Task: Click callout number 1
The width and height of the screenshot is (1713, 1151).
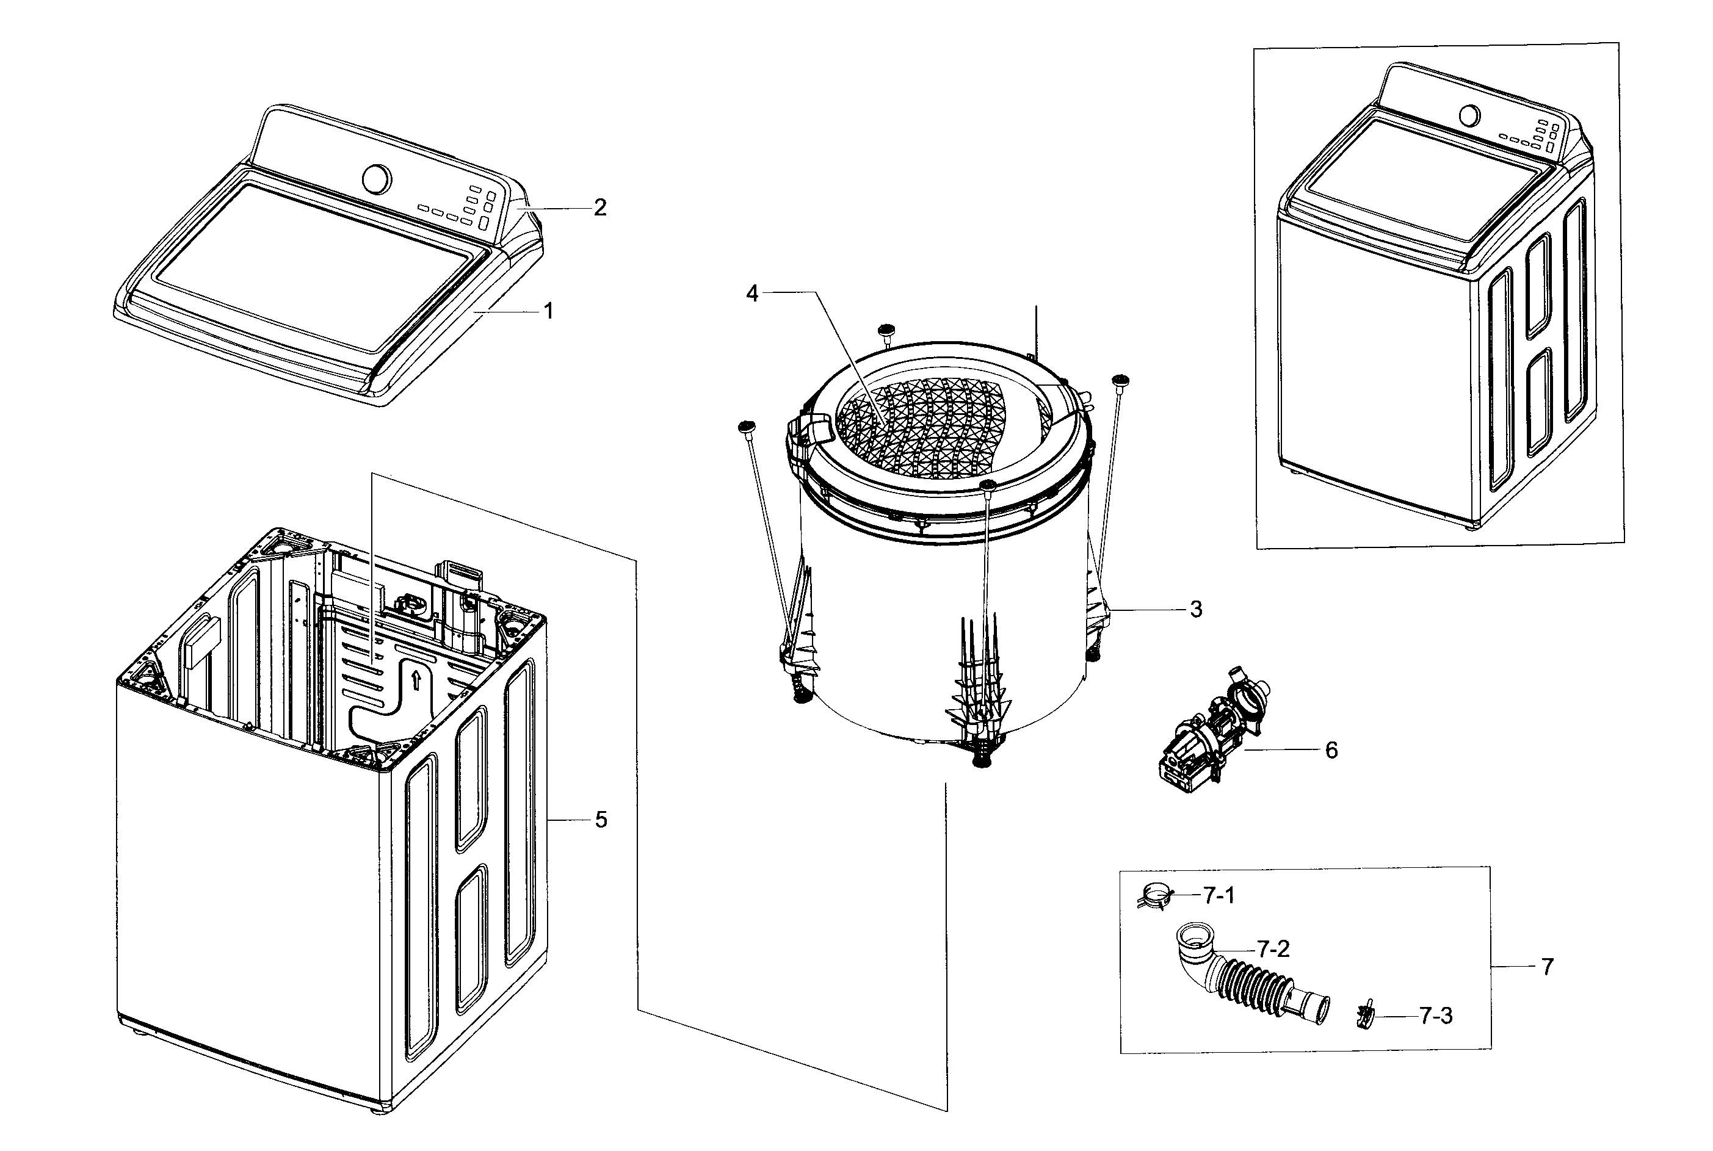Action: pyautogui.click(x=548, y=311)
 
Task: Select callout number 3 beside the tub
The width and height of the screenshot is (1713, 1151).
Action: pyautogui.click(x=1195, y=609)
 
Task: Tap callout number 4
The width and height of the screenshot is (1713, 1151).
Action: pyautogui.click(x=752, y=294)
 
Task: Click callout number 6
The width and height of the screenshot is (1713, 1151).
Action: pyautogui.click(x=1331, y=750)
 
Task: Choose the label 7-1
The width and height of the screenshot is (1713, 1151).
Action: pyautogui.click(x=1219, y=895)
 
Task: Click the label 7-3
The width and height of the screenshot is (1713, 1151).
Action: pyautogui.click(x=1435, y=1016)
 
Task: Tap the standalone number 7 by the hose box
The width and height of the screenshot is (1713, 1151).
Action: pyautogui.click(x=1547, y=967)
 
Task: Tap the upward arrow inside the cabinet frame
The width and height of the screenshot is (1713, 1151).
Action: pyautogui.click(x=416, y=680)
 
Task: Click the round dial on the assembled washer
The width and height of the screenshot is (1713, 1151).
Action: pyautogui.click(x=1469, y=116)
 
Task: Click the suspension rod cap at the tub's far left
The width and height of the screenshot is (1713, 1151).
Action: pyautogui.click(x=747, y=426)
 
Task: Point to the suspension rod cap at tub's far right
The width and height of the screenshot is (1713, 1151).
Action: pyautogui.click(x=1120, y=380)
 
